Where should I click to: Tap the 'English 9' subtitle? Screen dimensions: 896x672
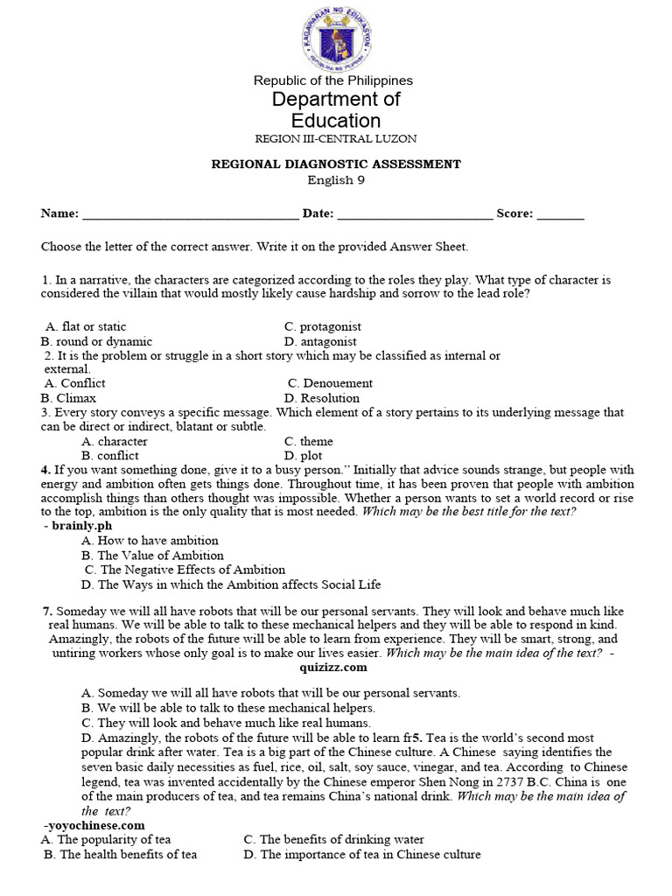coord(335,180)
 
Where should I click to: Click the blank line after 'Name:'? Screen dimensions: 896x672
coord(189,214)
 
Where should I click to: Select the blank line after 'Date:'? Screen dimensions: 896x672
coord(415,214)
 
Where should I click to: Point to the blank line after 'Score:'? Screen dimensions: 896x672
coord(560,214)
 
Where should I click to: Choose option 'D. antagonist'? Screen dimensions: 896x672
coord(320,341)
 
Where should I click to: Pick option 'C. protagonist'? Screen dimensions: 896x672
coord(323,326)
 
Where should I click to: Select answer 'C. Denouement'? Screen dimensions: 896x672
coord(330,383)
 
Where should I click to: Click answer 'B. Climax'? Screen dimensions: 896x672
coord(68,398)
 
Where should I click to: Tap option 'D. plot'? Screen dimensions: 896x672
coord(303,456)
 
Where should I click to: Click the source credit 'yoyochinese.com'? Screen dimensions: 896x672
coord(94,824)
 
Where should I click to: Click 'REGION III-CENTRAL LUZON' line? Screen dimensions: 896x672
coord(335,139)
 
